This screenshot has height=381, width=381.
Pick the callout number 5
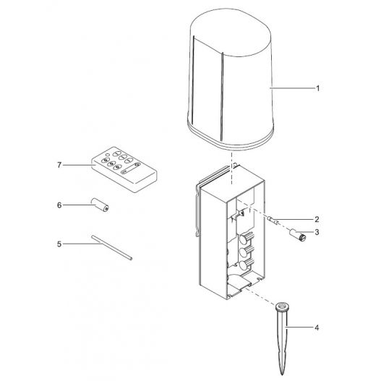(x=59, y=244)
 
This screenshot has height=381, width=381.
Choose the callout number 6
(x=59, y=205)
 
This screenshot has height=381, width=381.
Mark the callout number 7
(x=59, y=165)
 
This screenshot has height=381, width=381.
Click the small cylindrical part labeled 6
(x=99, y=206)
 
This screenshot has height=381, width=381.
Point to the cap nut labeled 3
(x=298, y=234)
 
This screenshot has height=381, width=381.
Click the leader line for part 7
(x=80, y=165)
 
